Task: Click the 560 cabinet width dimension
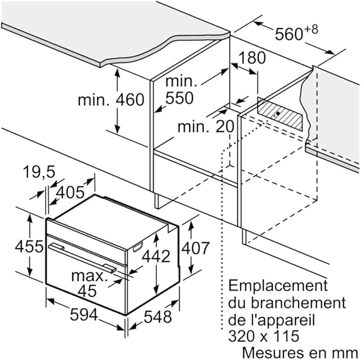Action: pos(289,35)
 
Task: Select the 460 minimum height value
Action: pos(130,100)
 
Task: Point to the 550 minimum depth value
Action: pos(179,98)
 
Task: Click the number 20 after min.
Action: pos(225,126)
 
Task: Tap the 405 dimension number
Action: pos(70,192)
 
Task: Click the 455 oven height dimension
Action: pos(29,246)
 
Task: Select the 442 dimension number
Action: pos(156,256)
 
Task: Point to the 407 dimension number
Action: pos(196,248)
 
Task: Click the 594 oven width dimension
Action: pos(84,314)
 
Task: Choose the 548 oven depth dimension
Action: pos(158,317)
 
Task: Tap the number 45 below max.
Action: pos(87,291)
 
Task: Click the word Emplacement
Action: pos(278,286)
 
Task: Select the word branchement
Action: pos(298,303)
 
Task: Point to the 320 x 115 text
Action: pos(264,336)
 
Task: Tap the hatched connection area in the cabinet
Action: pos(280,114)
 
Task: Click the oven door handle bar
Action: pos(82,258)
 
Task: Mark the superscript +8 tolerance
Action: pos(311,29)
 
